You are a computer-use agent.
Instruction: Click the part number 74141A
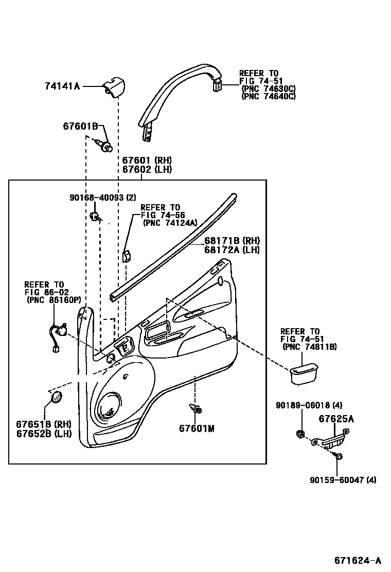tap(62, 87)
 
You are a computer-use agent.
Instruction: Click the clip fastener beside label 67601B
tap(106, 146)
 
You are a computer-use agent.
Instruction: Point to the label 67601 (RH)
tap(147, 160)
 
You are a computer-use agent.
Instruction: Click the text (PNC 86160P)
tap(54, 301)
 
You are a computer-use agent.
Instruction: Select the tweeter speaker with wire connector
tap(58, 333)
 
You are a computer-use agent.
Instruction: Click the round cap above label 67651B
tap(56, 397)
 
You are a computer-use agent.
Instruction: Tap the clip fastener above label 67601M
tap(196, 409)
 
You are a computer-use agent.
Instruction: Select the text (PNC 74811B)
tap(310, 347)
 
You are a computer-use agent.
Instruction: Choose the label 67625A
tap(336, 419)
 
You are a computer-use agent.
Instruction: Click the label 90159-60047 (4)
tap(343, 480)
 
